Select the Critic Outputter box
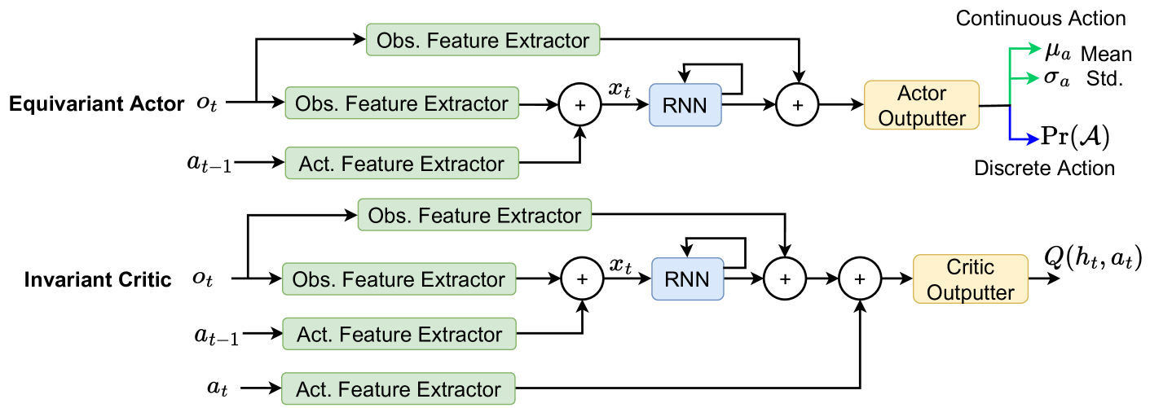point(971,279)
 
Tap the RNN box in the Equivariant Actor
point(685,104)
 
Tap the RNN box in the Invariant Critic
point(687,279)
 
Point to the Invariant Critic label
point(97,279)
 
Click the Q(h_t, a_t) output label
point(1093,259)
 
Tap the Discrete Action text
point(1044,169)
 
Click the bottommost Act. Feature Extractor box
point(399,388)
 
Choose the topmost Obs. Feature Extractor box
point(483,39)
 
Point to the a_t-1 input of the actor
point(209,164)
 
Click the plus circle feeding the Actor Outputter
point(799,104)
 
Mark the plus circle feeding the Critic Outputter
point(861,279)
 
